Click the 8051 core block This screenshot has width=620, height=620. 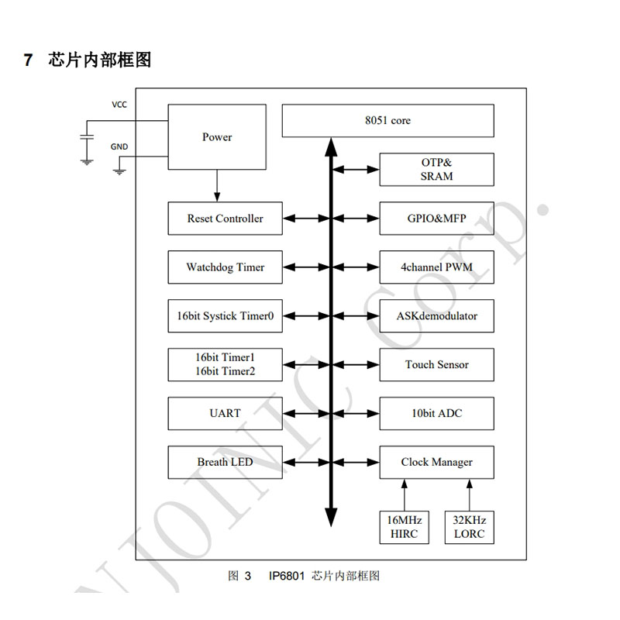click(387, 121)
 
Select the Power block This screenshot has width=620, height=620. click(217, 137)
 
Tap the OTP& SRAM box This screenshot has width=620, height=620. click(436, 170)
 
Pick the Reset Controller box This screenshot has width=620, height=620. click(225, 219)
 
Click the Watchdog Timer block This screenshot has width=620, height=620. click(225, 267)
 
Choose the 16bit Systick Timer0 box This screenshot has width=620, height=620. click(225, 316)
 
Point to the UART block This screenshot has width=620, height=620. click(225, 413)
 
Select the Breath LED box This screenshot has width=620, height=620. click(225, 462)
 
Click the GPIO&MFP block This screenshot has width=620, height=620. click(436, 219)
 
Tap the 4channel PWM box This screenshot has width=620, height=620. click(436, 267)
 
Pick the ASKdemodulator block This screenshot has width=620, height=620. click(436, 316)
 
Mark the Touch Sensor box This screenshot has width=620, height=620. click(436, 364)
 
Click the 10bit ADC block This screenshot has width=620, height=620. click(436, 413)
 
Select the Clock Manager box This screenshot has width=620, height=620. click(436, 462)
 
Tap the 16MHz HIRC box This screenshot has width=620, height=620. click(404, 527)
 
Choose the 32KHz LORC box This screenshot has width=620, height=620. click(468, 527)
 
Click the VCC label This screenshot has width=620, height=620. click(119, 105)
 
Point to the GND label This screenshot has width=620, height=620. click(119, 146)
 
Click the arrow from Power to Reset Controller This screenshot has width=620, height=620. click(217, 185)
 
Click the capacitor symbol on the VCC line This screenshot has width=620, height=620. click(87, 136)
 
